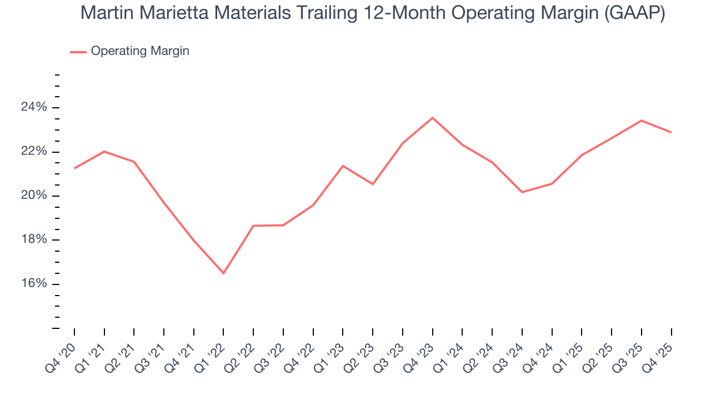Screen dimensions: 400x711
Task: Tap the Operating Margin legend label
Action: pyautogui.click(x=140, y=51)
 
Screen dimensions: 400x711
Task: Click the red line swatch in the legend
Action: pyautogui.click(x=78, y=52)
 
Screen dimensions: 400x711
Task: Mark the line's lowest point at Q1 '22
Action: pyautogui.click(x=223, y=273)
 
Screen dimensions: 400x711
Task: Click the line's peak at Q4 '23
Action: pyautogui.click(x=432, y=118)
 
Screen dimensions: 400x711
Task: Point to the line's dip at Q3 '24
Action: pyautogui.click(x=522, y=192)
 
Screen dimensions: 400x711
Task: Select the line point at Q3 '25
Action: pyautogui.click(x=642, y=121)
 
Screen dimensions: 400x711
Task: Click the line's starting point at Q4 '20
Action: pyautogui.click(x=74, y=168)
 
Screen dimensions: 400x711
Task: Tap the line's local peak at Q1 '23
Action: pyautogui.click(x=343, y=166)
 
